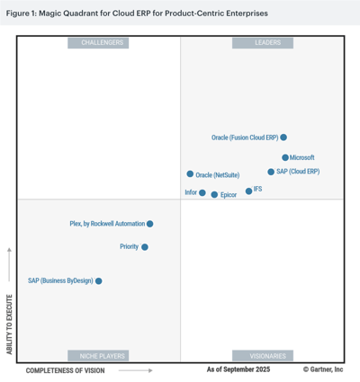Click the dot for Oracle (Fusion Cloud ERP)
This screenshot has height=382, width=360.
(x=283, y=138)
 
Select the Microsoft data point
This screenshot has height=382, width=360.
(x=285, y=157)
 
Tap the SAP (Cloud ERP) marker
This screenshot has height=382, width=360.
(x=271, y=172)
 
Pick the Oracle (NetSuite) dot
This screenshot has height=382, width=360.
(x=190, y=174)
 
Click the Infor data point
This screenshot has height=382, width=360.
(x=202, y=193)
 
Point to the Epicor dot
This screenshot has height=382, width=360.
(x=214, y=194)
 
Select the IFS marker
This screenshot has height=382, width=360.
(x=249, y=191)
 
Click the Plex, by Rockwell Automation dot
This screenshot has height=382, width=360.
(x=150, y=224)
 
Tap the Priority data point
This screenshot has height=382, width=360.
(x=145, y=246)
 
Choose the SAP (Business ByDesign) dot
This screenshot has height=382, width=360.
(x=99, y=281)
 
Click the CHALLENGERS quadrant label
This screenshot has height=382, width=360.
(x=103, y=43)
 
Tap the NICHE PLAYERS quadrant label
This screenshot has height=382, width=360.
(x=103, y=355)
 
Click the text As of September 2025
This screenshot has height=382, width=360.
(x=238, y=369)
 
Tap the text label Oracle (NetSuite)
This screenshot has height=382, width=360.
(x=217, y=175)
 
